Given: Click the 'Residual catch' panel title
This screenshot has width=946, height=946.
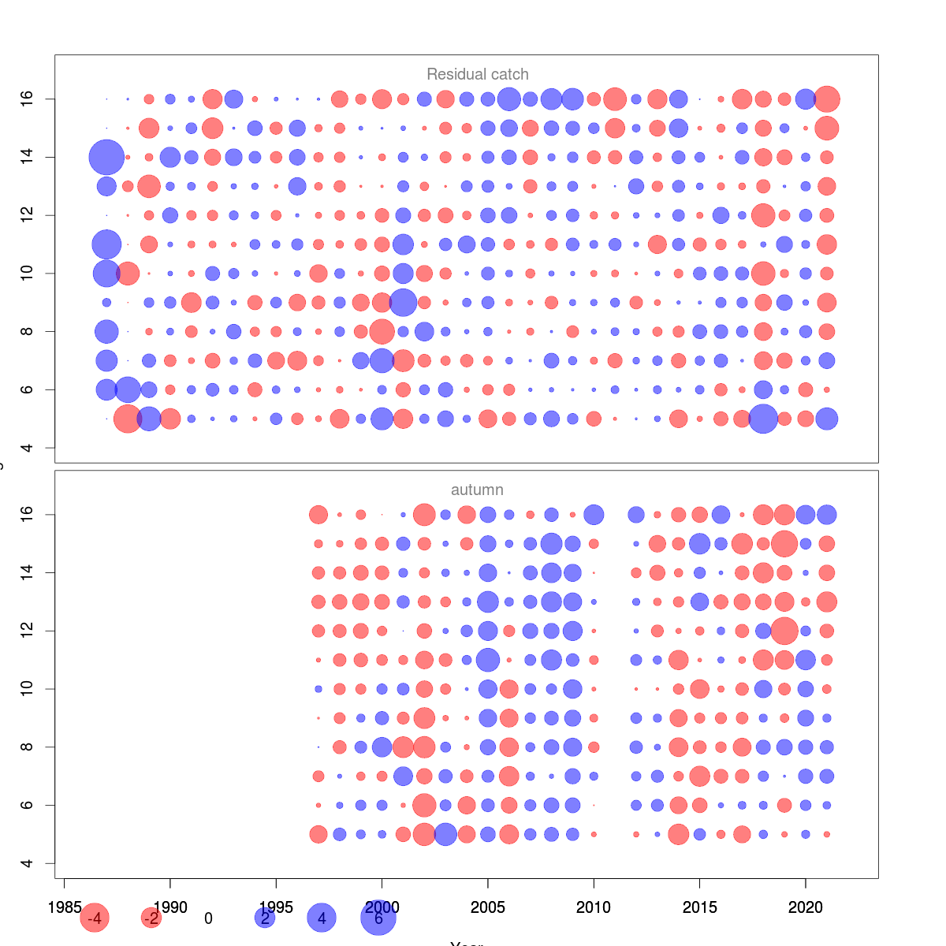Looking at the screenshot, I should (477, 74).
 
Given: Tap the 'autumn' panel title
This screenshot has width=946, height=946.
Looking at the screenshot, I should (477, 490).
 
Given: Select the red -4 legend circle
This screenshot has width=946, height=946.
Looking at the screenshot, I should (95, 918).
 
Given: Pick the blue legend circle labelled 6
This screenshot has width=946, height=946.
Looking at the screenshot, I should (378, 918).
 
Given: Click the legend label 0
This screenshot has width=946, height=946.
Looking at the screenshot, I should (208, 918).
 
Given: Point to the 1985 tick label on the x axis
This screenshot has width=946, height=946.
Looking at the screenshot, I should (64, 907).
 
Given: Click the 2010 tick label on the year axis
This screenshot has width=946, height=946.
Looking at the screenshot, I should (594, 907).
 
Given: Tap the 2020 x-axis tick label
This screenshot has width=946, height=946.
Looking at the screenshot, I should (806, 907).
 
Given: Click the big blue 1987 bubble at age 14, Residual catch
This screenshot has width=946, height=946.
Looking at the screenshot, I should (106, 157).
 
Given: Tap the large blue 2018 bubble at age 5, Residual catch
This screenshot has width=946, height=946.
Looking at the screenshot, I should (763, 419).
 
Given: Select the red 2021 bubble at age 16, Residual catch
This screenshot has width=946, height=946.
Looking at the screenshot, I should (827, 99).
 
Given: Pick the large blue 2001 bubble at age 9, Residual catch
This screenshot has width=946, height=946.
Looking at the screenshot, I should (403, 302).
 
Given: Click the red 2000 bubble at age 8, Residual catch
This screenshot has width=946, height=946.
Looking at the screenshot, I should (382, 331).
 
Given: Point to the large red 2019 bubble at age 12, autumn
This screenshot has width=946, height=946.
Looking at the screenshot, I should (784, 631).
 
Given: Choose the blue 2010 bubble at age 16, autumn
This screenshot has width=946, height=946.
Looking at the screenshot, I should (594, 515).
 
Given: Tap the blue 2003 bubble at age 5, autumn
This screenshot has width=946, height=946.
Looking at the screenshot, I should (445, 834).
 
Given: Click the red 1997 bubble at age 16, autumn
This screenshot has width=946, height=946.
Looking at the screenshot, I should (318, 515).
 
